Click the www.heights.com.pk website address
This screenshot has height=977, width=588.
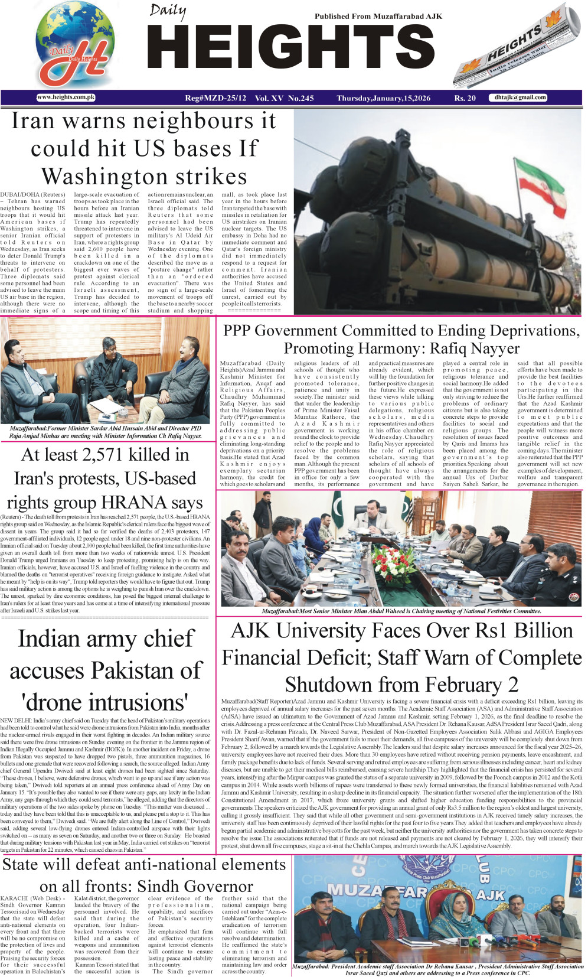point(66,97)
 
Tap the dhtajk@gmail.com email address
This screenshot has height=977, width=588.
point(520,97)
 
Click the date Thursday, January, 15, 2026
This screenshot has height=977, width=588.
point(383,98)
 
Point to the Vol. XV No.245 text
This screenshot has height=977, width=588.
point(284,98)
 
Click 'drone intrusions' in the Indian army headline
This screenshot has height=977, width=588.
point(104,702)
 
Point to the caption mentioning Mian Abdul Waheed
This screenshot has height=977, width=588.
point(401,611)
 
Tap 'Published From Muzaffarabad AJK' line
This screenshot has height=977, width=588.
point(378,17)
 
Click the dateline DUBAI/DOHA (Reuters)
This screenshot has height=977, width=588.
point(32,194)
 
